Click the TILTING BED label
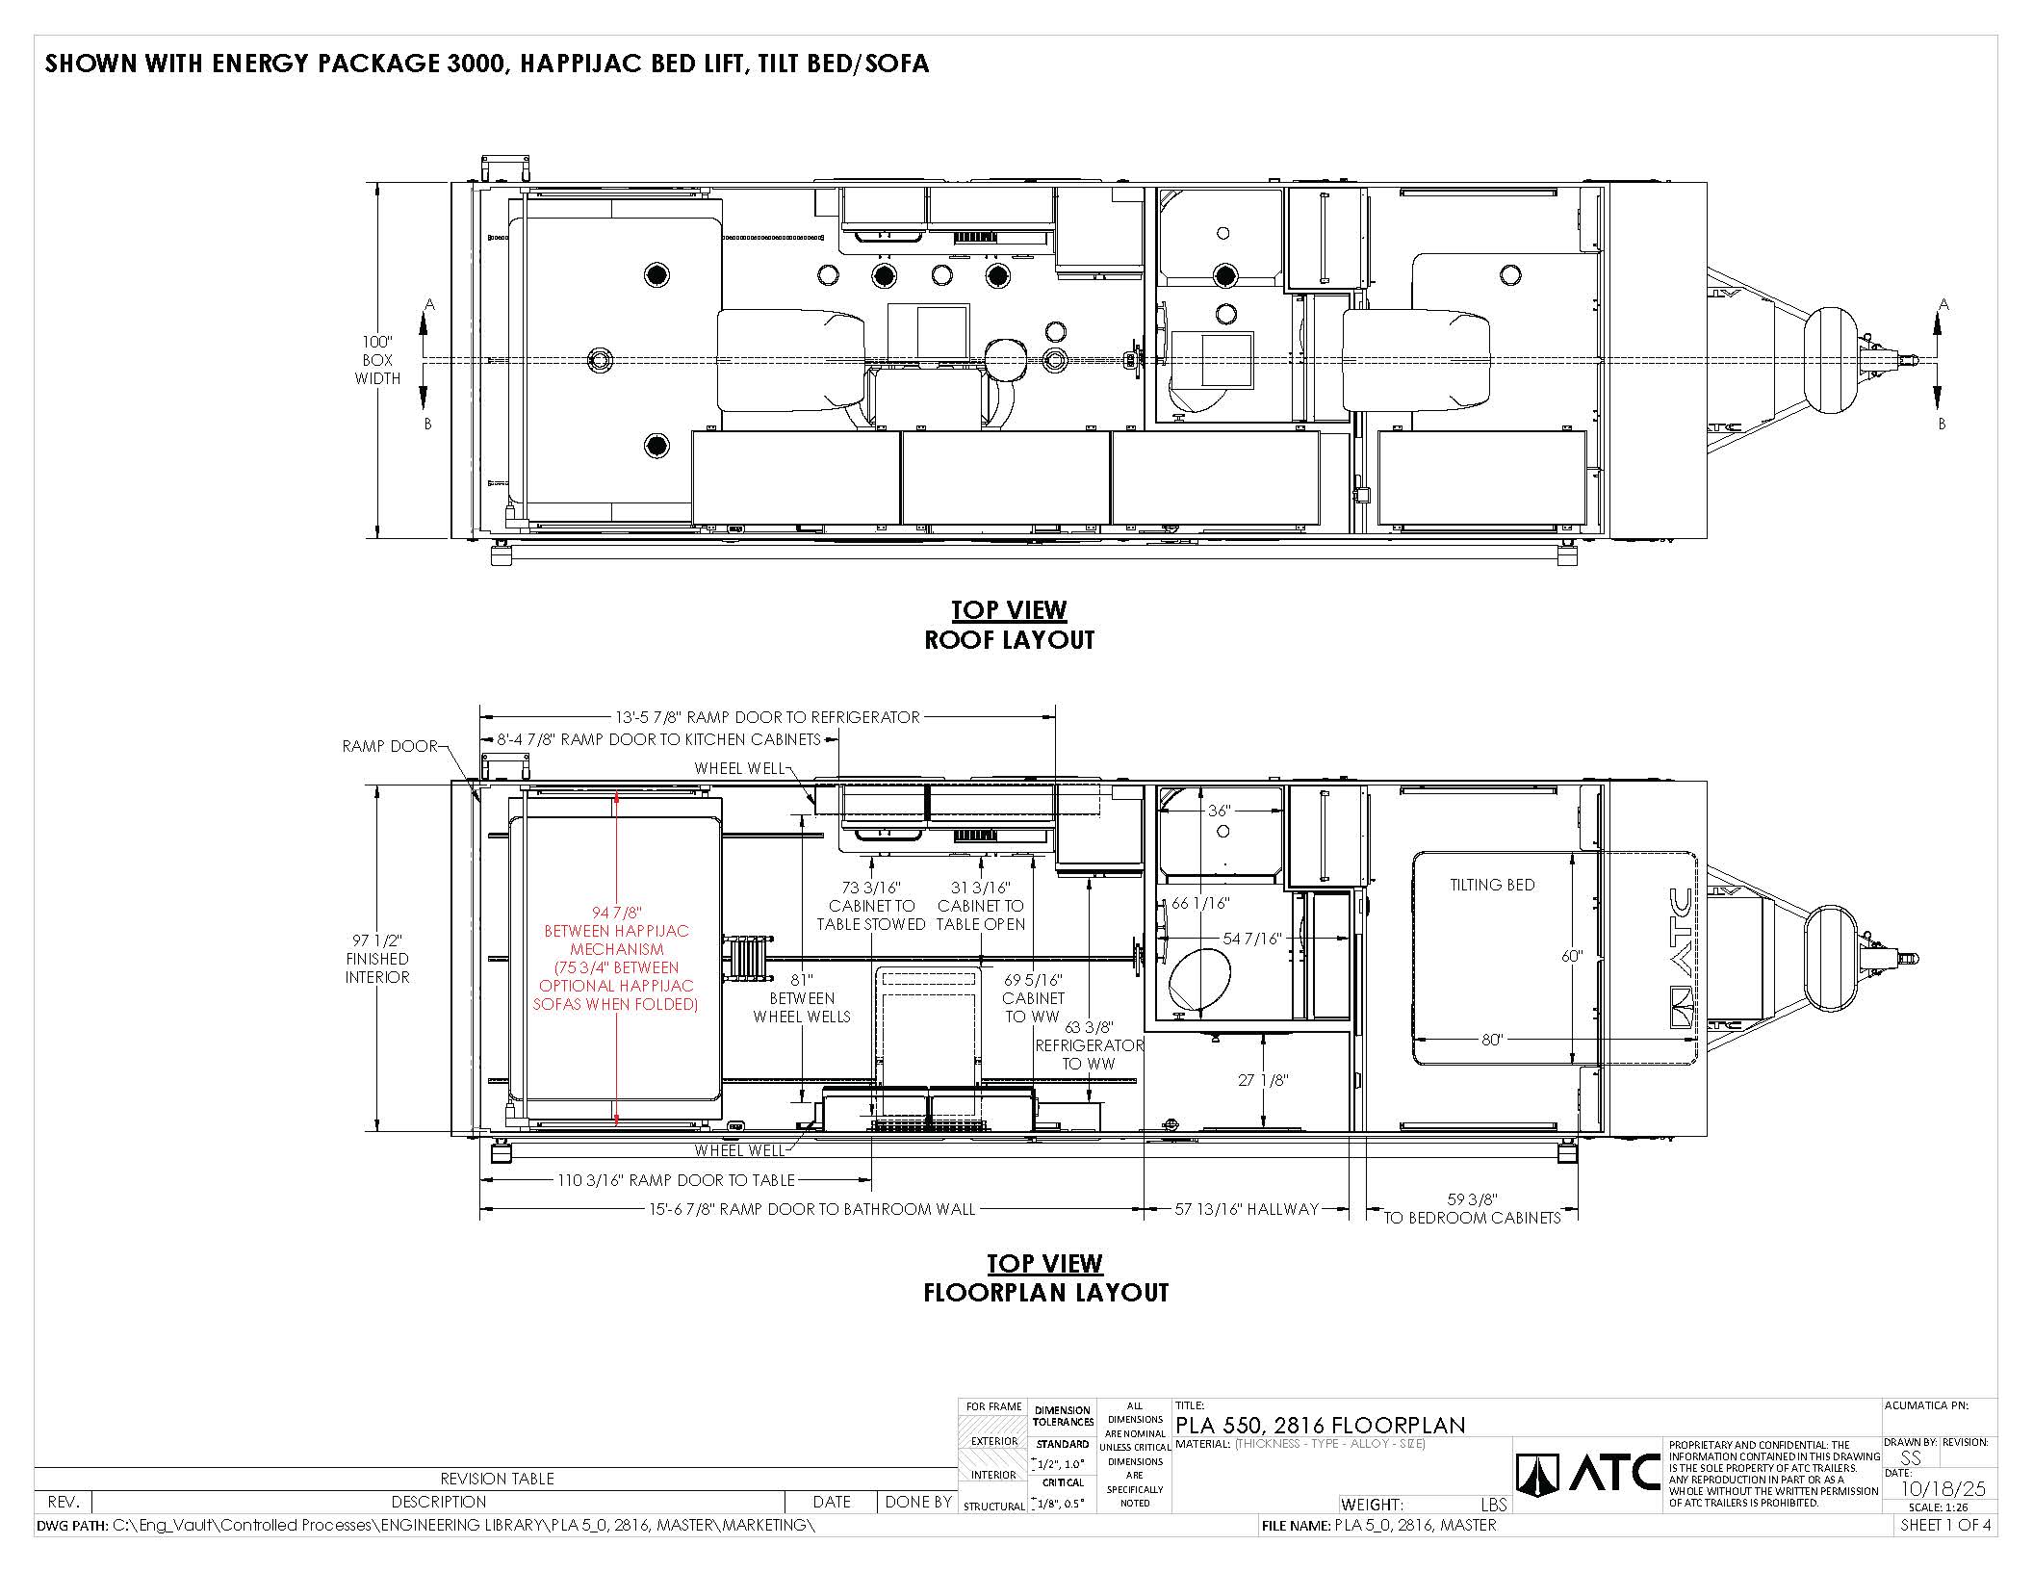(x=1492, y=885)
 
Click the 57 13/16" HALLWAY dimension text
(x=1247, y=1208)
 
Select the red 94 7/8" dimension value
(x=616, y=913)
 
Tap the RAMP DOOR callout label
(x=389, y=746)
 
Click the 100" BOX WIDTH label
(x=377, y=360)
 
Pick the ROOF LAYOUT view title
(x=1009, y=640)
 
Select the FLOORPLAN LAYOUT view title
(x=1045, y=1293)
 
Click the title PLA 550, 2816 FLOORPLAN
(x=1320, y=1425)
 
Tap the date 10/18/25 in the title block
(x=1943, y=1489)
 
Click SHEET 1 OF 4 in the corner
(x=1944, y=1525)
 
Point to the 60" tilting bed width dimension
(x=1571, y=956)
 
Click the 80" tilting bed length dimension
(x=1492, y=1040)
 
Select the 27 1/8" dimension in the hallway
(x=1263, y=1080)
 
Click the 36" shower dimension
(x=1219, y=811)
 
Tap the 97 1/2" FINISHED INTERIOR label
(x=377, y=959)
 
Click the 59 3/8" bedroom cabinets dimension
(x=1472, y=1208)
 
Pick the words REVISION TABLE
(x=497, y=1479)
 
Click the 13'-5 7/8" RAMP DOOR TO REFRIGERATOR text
(x=767, y=717)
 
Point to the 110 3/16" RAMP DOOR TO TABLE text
(x=676, y=1180)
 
